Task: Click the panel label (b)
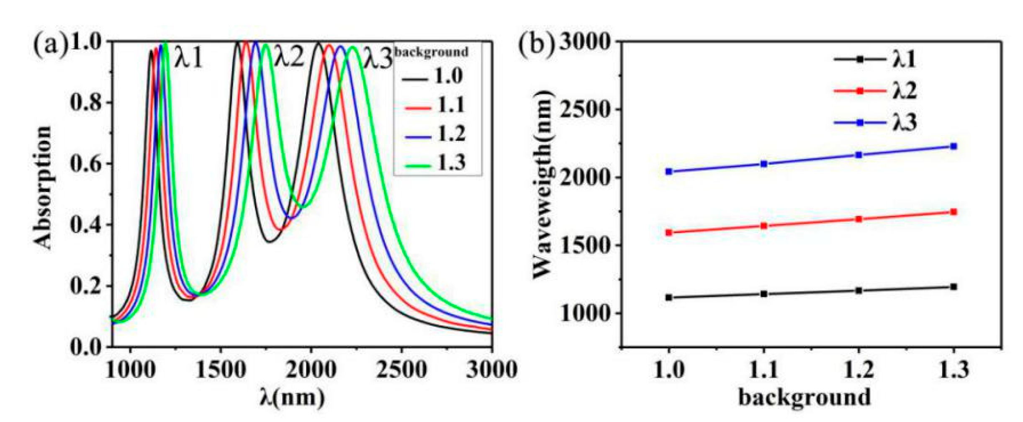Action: (x=537, y=44)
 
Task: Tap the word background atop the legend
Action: (x=432, y=52)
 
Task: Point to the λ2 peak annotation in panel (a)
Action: (x=289, y=57)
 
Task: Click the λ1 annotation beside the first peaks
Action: (x=189, y=58)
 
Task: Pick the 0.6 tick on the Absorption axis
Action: (x=86, y=163)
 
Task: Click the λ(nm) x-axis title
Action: (x=292, y=397)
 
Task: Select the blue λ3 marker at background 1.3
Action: (x=954, y=146)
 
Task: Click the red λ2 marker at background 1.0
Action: (x=669, y=232)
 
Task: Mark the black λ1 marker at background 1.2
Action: (x=859, y=291)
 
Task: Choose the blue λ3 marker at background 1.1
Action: (x=764, y=164)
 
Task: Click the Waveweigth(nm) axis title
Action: (x=543, y=184)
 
